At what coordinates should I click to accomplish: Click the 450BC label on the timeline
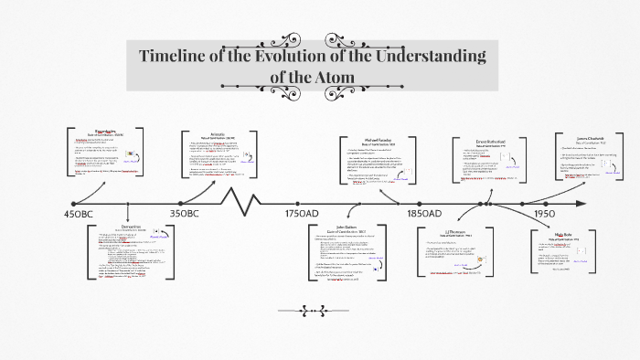pos(79,214)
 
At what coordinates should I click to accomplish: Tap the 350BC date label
pos(184,214)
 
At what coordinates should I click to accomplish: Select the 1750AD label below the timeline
pos(302,214)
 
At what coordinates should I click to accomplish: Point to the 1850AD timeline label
pos(424,214)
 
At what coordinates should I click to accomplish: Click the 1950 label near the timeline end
pos(545,214)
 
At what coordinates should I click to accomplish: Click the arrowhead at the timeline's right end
pos(583,203)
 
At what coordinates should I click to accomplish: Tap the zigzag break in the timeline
pos(245,200)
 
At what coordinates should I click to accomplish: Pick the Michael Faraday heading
pos(376,140)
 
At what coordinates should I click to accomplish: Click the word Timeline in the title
pos(177,57)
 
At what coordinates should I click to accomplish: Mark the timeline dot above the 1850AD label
pos(420,203)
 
